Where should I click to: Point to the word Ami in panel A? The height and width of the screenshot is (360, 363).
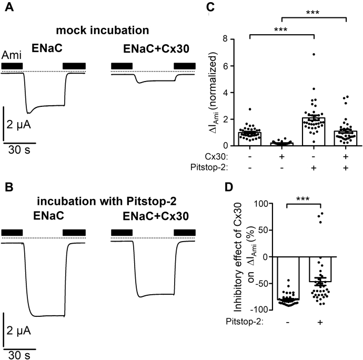click(x=12, y=54)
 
